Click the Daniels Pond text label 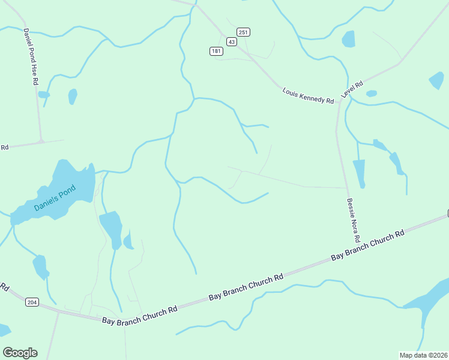coord(55,199)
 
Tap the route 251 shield coord(243,32)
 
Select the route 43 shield coord(232,41)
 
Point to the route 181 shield coord(217,52)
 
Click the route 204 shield coord(32,302)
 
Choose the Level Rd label coord(352,90)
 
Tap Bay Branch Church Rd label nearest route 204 coord(140,315)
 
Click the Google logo coord(20,353)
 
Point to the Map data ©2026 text coord(423,355)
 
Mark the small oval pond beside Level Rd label coord(372,94)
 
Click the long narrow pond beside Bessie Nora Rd coord(360,173)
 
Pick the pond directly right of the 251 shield coord(348,39)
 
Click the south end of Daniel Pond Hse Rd coord(41,142)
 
